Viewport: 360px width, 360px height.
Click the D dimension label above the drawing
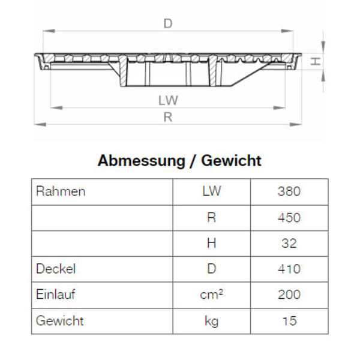[168, 24]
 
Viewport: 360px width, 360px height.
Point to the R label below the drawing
[168, 118]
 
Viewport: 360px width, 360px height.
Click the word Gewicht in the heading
[232, 161]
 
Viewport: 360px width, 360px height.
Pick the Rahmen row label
[61, 192]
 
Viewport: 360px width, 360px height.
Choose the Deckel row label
[56, 269]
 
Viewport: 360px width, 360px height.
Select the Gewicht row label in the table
[60, 320]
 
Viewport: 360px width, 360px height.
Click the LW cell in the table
[211, 192]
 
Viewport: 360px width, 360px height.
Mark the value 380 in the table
[289, 192]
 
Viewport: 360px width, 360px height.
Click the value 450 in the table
[289, 218]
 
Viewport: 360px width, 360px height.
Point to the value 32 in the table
[289, 244]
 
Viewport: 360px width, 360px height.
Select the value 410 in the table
[289, 269]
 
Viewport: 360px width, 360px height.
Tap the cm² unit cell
[211, 295]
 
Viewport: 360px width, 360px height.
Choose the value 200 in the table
[289, 295]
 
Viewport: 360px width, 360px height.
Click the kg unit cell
[211, 321]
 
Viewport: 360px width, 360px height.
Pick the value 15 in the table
[289, 321]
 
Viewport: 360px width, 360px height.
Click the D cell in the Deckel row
[211, 269]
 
